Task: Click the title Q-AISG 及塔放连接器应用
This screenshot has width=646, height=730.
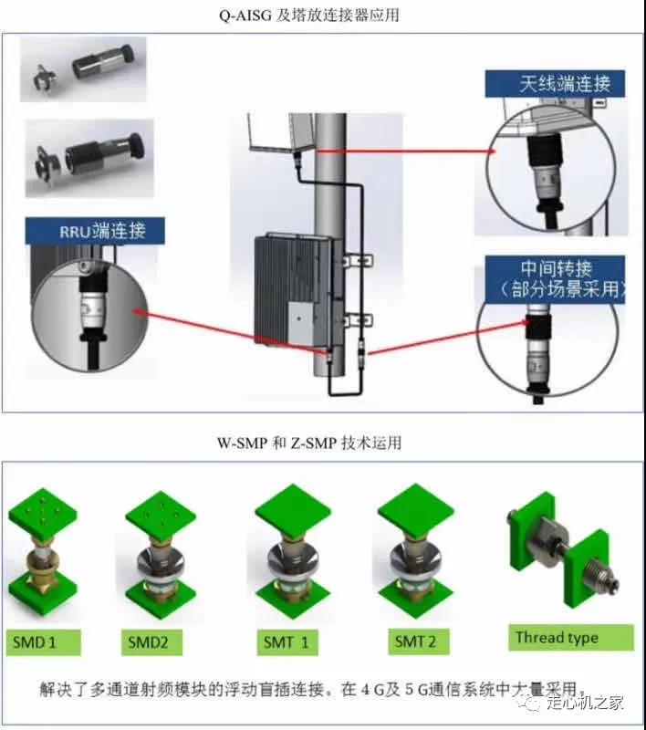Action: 323,15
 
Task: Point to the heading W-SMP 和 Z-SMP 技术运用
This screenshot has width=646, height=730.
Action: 323,443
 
